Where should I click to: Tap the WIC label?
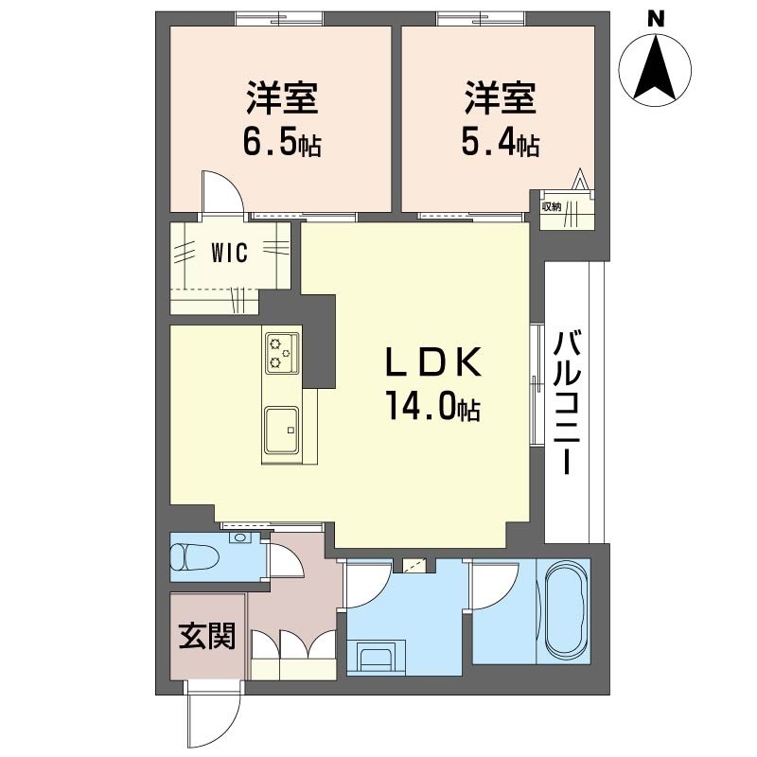(229, 253)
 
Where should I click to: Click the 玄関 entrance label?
(207, 638)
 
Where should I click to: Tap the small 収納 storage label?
(551, 205)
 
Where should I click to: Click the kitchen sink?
(282, 431)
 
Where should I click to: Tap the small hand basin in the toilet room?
(239, 539)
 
